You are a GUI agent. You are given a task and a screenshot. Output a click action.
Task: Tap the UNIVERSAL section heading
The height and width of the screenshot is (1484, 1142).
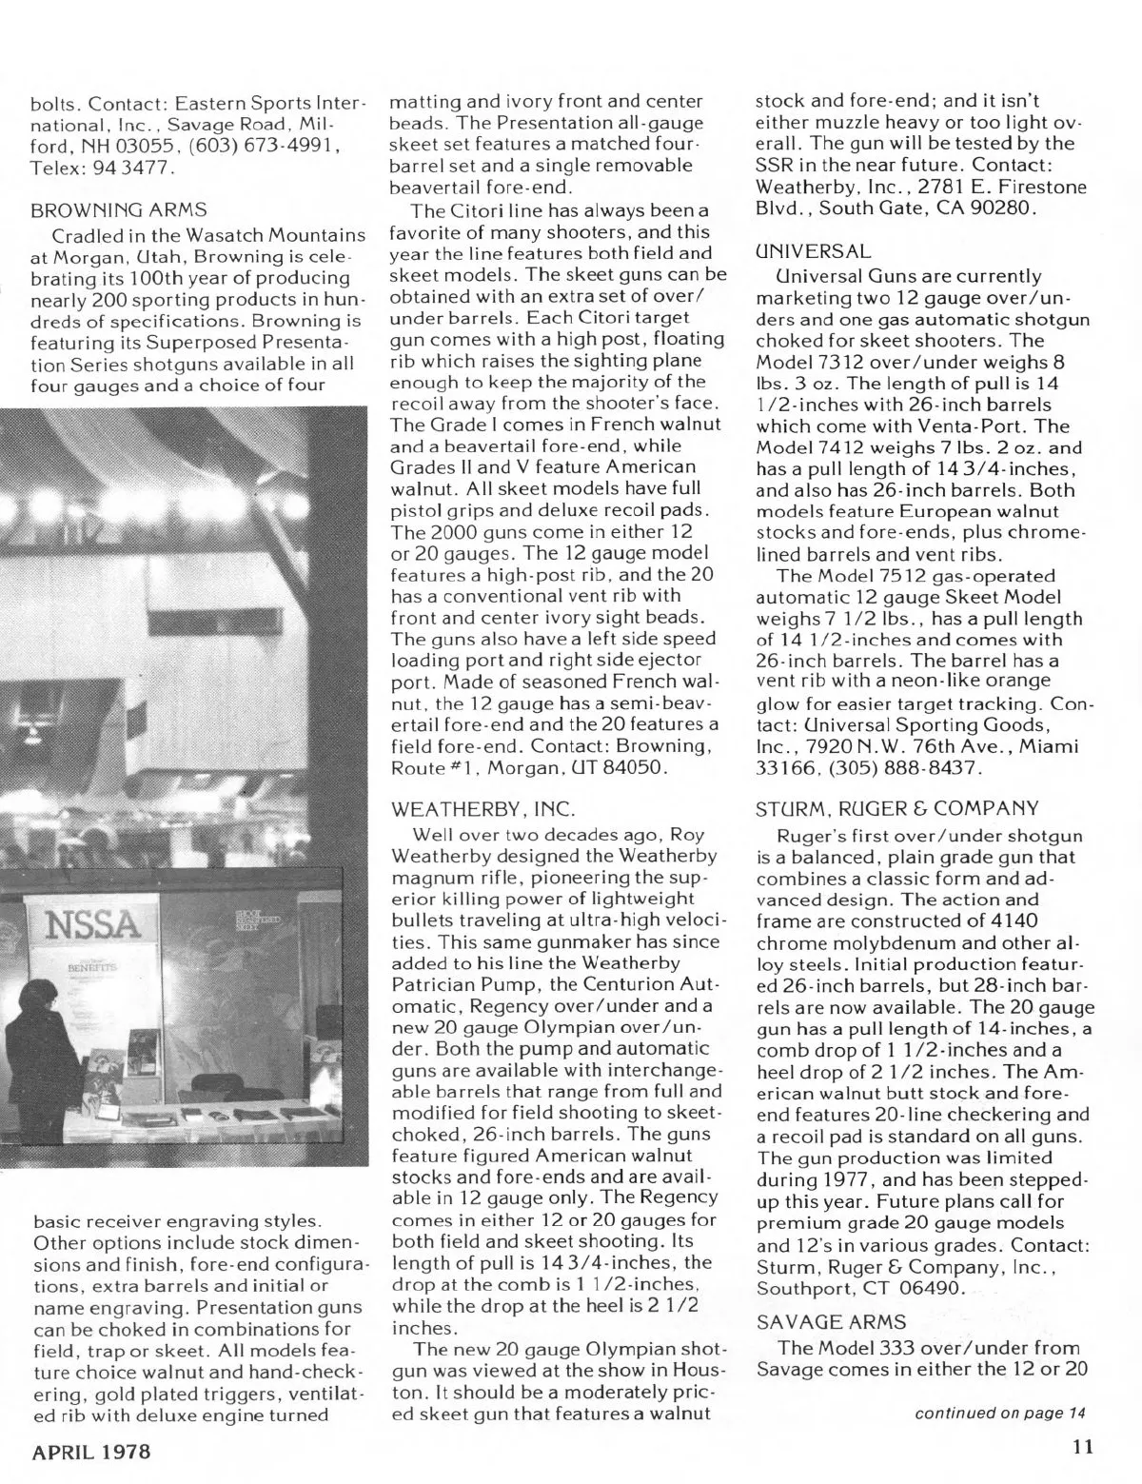(812, 251)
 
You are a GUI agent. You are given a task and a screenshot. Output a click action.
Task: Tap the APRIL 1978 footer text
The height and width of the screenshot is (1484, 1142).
(92, 1453)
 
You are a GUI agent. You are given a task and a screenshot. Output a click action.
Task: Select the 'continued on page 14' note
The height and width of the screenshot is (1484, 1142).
(999, 1412)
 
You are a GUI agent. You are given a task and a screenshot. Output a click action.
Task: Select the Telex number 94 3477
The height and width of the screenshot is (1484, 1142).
(124, 167)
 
